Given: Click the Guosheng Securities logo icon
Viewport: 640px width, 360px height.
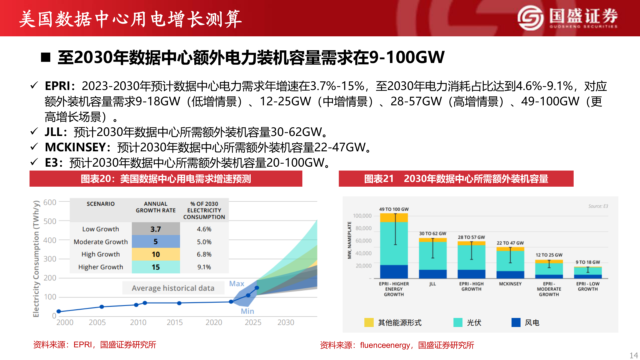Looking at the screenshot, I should (x=531, y=18).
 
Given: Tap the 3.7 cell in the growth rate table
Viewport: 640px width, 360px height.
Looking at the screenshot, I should (x=156, y=229).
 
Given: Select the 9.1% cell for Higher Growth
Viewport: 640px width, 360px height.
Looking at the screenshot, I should (x=204, y=267).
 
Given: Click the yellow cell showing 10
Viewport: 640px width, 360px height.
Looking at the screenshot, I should (x=156, y=254).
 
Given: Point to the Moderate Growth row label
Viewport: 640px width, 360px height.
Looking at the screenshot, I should (x=101, y=242).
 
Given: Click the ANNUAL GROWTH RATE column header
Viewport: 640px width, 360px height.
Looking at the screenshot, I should (x=156, y=207).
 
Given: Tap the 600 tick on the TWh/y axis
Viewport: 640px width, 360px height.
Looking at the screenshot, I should (x=50, y=202).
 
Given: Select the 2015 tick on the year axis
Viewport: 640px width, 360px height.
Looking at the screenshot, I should (x=175, y=322).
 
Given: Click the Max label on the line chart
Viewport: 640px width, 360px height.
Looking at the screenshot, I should (x=237, y=284).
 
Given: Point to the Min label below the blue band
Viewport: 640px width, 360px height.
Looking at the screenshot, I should (x=247, y=311).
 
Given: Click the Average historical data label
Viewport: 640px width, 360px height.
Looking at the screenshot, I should (x=173, y=288).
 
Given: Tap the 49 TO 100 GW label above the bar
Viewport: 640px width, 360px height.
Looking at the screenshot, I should (x=394, y=209).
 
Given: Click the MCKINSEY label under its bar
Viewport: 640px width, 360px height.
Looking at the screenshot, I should (x=510, y=284).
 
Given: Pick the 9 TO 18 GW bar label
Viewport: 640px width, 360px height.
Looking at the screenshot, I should (x=588, y=262).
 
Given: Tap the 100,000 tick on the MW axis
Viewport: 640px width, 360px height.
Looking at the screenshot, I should (x=362, y=216).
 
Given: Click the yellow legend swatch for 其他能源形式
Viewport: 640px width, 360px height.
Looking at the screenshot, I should (x=369, y=322).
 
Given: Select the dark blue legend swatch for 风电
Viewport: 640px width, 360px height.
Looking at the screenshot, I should (x=516, y=322).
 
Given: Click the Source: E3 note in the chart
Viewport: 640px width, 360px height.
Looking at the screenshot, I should (x=598, y=206).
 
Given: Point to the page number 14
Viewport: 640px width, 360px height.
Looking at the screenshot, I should (x=633, y=355).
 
